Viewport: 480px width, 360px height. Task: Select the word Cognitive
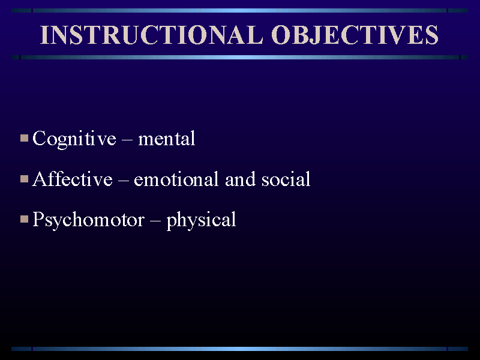click(x=74, y=139)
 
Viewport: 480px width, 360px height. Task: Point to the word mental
click(x=167, y=139)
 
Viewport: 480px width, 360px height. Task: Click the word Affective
click(x=73, y=179)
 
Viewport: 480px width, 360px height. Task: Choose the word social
click(x=286, y=179)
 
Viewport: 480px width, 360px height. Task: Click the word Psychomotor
click(x=88, y=220)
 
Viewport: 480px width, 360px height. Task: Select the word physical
click(x=201, y=220)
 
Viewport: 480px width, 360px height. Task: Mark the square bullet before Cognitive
click(x=24, y=139)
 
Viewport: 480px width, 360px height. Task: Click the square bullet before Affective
click(x=24, y=179)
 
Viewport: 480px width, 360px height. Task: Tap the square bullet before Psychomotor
click(x=24, y=219)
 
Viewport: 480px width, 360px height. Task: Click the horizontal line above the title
click(x=240, y=10)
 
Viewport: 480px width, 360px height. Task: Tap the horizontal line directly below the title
click(x=240, y=57)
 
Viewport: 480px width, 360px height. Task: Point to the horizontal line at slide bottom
click(x=240, y=348)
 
